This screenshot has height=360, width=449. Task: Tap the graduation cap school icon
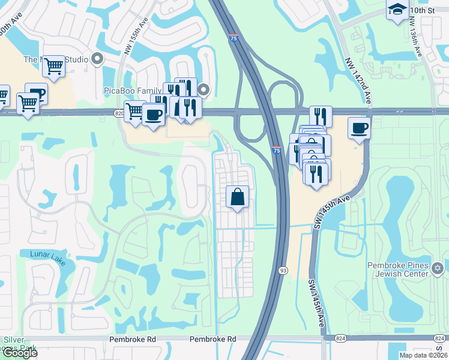tap(397, 9)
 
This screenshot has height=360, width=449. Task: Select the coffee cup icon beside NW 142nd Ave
tap(359, 127)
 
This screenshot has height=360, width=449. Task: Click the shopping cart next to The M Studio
tap(54, 67)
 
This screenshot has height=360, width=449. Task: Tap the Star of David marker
tap(437, 267)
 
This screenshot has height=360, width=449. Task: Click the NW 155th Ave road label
tap(137, 37)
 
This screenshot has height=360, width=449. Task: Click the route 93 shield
tap(282, 271)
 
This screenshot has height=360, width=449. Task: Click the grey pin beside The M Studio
tap(97, 59)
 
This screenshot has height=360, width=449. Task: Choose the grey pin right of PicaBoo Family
tap(204, 91)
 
